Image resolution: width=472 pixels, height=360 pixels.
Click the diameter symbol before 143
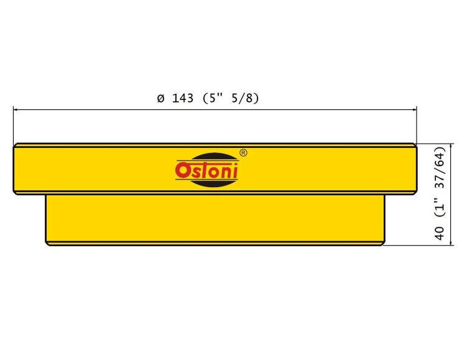161,98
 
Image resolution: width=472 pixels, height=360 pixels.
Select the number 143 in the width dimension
183,98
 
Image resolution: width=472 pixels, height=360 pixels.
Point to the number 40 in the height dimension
440,233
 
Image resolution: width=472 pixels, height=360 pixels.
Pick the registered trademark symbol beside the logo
243,153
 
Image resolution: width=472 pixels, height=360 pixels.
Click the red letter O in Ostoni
182,170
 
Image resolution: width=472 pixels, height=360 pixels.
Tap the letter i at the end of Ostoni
235,171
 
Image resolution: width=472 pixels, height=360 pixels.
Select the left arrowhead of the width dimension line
16,109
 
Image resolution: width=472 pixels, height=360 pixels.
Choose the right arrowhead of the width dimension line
414,109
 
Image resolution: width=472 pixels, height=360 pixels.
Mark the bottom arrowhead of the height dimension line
451,242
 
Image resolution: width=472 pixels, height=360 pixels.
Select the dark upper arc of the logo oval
215,157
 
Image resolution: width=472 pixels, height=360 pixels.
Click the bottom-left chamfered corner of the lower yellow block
47,244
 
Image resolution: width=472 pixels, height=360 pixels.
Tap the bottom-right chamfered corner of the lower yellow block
383,244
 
